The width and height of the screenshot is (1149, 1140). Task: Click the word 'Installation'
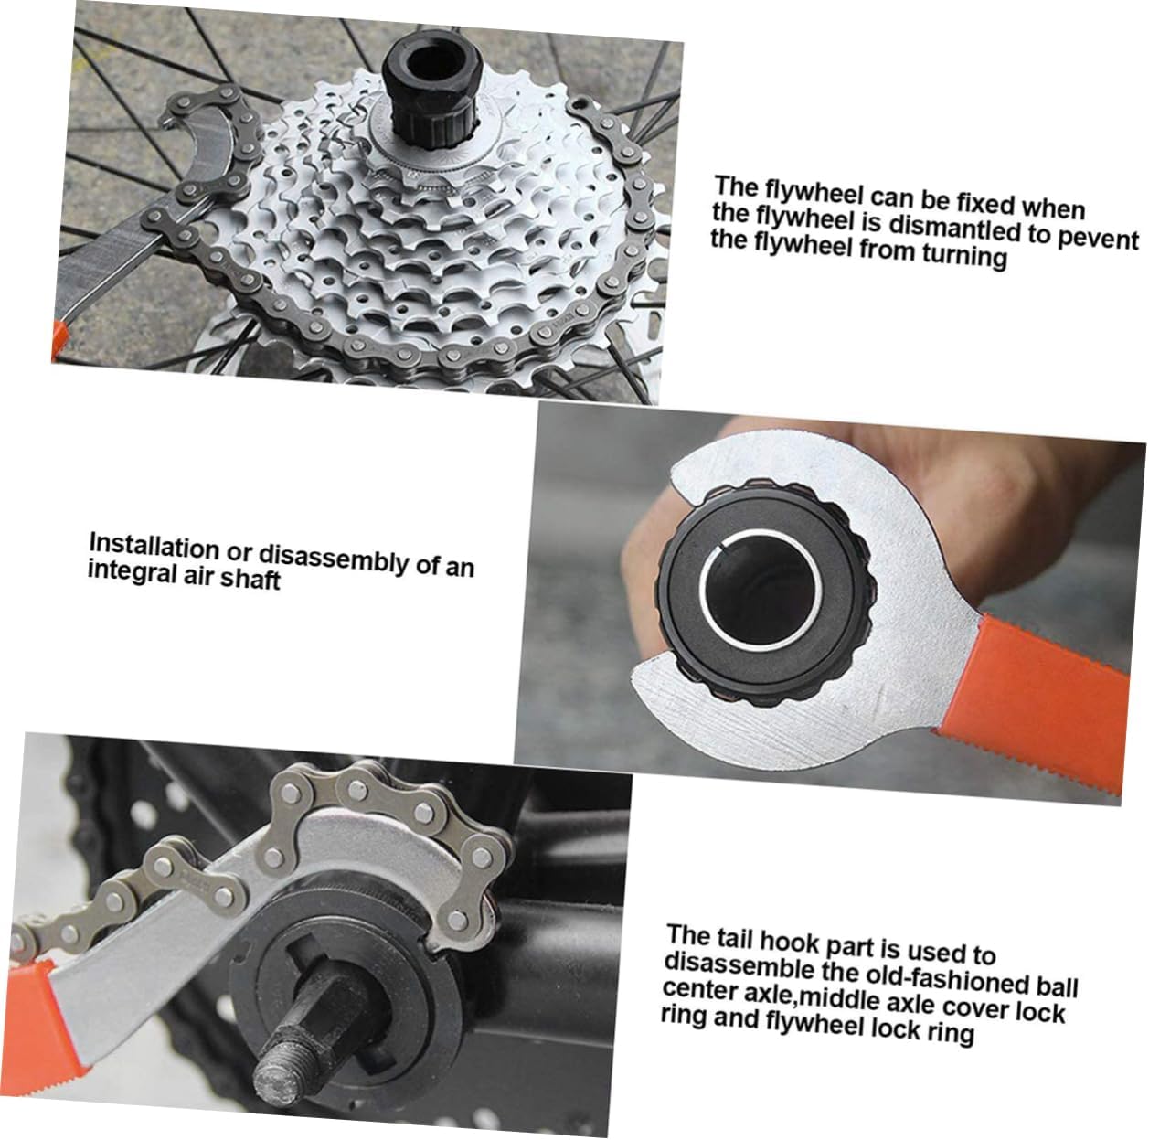154,547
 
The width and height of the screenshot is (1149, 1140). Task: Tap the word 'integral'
128,572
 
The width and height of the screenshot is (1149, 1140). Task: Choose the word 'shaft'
250,580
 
